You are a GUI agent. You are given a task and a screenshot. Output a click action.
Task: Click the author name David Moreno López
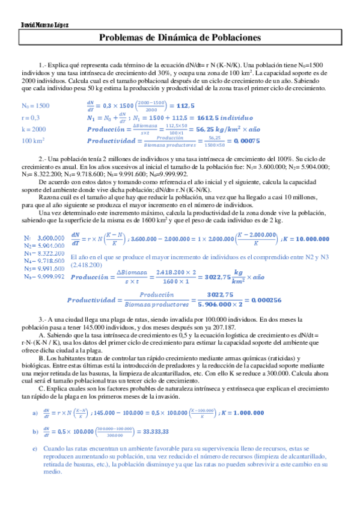(x=36, y=26)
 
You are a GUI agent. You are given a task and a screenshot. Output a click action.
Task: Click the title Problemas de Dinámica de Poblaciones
(x=180, y=38)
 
